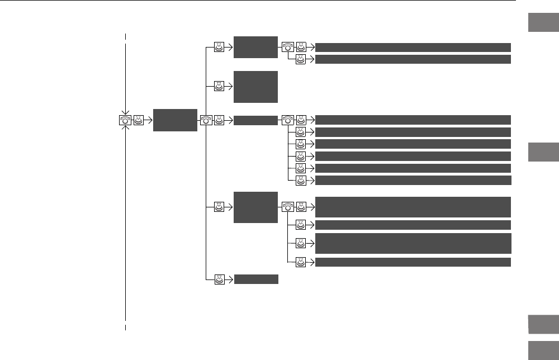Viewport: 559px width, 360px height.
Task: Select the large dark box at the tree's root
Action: pyautogui.click(x=175, y=120)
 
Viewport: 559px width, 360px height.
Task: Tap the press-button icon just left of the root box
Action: pyautogui.click(x=138, y=120)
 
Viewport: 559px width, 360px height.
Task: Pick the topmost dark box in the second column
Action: pyautogui.click(x=255, y=47)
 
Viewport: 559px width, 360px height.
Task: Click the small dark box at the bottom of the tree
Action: pyautogui.click(x=255, y=279)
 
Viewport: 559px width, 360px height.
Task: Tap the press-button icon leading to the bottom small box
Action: pyautogui.click(x=219, y=279)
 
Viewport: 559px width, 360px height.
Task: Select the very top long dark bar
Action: pyautogui.click(x=413, y=47)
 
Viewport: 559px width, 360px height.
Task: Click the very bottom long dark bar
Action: pyautogui.click(x=413, y=262)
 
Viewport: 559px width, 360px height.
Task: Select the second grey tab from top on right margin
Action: pyautogui.click(x=542, y=152)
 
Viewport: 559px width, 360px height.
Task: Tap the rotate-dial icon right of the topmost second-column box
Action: pyautogui.click(x=287, y=48)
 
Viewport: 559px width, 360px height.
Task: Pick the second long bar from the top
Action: pyautogui.click(x=413, y=59)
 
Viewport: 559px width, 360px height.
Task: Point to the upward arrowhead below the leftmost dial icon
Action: pyautogui.click(x=126, y=127)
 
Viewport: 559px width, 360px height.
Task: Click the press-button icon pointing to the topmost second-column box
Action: pyautogui.click(x=219, y=48)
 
